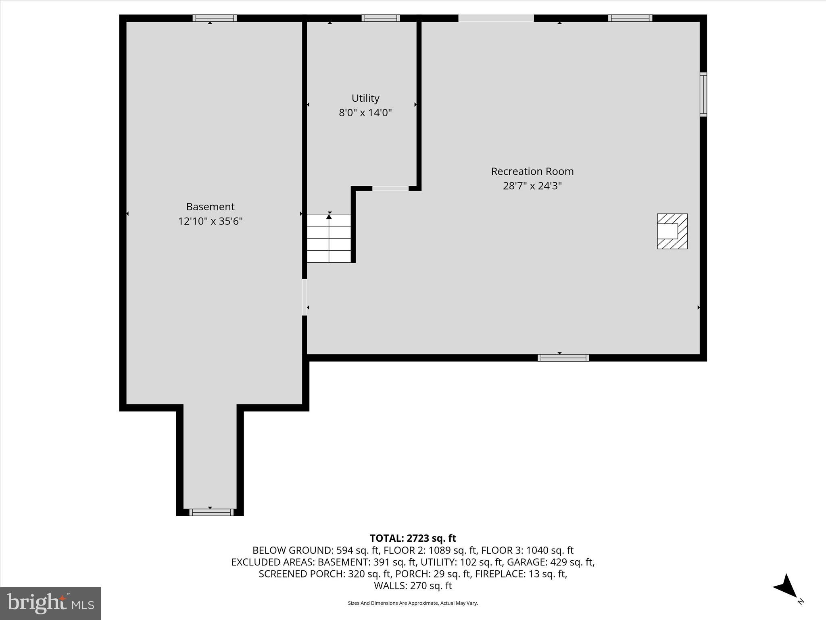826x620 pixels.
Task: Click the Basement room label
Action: click(x=210, y=207)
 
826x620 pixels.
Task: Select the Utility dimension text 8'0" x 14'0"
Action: click(x=365, y=113)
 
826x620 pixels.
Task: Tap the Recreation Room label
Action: click(x=532, y=172)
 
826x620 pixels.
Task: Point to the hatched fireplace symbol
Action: click(x=672, y=231)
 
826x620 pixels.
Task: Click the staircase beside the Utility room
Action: click(x=329, y=239)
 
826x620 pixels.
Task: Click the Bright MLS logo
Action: click(x=50, y=603)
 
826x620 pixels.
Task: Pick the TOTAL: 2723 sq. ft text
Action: click(x=413, y=538)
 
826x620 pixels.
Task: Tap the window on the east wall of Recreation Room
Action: click(x=703, y=94)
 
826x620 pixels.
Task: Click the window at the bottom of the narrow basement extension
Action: click(x=211, y=512)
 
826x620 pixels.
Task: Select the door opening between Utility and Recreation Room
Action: click(x=390, y=189)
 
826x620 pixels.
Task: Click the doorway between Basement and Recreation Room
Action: click(x=305, y=297)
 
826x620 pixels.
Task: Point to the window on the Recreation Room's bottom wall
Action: click(x=563, y=358)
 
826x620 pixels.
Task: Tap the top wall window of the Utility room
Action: click(x=381, y=18)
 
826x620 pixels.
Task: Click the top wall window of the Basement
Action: click(x=215, y=18)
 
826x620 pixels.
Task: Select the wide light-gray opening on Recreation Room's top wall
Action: click(x=496, y=18)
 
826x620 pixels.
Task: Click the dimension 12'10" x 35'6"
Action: click(x=210, y=221)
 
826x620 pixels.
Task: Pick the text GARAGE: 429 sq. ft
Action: click(x=550, y=562)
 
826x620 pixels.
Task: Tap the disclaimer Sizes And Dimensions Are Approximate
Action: click(x=413, y=603)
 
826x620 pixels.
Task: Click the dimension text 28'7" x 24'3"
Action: click(x=532, y=186)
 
